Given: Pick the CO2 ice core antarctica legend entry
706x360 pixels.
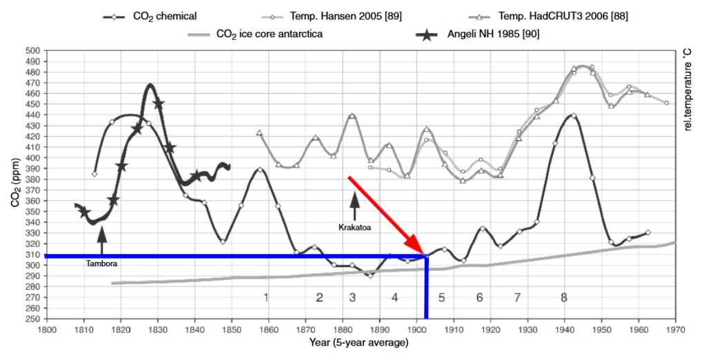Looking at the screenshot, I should coord(270,32).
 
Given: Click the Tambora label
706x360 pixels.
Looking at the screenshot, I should coord(102,263).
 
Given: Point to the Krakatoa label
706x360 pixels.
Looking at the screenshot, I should coord(354,226).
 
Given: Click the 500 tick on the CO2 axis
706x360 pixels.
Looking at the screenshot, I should coord(32,50).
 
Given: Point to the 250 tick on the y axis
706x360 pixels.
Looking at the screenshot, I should coord(32,319).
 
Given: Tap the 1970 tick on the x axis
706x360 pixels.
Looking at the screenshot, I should coord(675,330).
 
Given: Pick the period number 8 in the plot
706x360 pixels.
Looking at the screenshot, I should coord(563,298).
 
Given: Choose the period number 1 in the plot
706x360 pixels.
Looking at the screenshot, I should coord(265,298).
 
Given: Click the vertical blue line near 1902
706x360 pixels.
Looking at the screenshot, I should coord(426,290).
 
